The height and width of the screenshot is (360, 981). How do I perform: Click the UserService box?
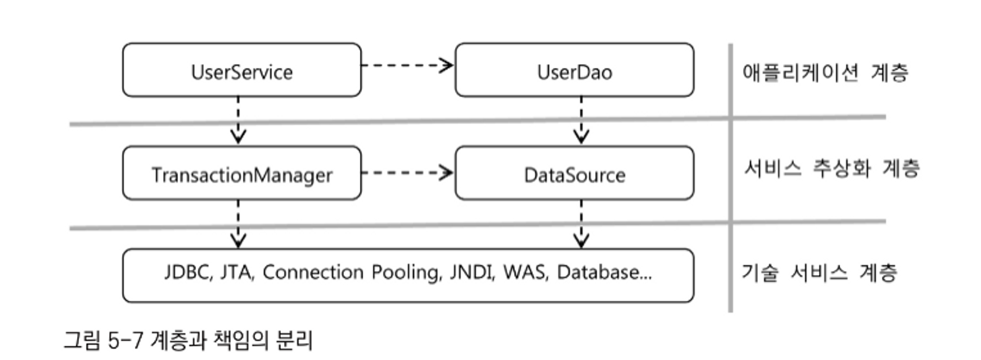coord(242,70)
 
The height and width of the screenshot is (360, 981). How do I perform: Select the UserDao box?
coord(574,70)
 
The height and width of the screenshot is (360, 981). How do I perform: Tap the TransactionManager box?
coord(242,173)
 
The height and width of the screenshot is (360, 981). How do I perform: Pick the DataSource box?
coord(574,173)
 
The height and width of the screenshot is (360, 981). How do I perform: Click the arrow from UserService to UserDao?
coord(407,65)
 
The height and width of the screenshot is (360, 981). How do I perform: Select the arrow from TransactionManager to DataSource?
coord(407,173)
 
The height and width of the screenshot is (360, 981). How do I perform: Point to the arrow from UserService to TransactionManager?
coord(238,120)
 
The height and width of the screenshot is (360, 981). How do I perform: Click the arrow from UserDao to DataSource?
coord(581,120)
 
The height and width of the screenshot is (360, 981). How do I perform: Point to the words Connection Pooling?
coord(351,272)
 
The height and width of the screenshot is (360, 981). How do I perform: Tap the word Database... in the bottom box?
coord(604,272)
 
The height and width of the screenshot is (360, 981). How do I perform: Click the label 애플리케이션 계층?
coord(825,73)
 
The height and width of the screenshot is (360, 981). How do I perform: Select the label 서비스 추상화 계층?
coord(831,168)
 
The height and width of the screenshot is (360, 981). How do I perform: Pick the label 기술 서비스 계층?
coord(819,272)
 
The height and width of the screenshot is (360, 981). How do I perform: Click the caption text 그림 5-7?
coord(103,340)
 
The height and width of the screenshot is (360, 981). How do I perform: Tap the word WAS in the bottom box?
coord(525,272)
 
